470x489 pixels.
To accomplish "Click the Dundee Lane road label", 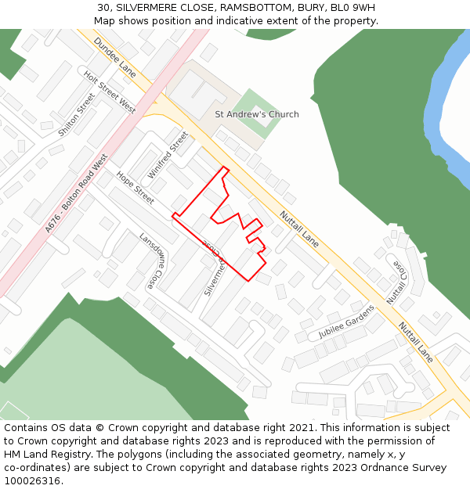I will pyautogui.click(x=114, y=56).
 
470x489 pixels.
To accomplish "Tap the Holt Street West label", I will pyautogui.click(x=110, y=92).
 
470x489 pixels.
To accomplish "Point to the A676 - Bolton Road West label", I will pyautogui.click(x=76, y=192).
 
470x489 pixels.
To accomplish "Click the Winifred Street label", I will pyautogui.click(x=168, y=154).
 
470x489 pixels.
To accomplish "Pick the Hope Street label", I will pyautogui.click(x=136, y=189).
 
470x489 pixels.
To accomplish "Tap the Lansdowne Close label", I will pyautogui.click(x=152, y=260).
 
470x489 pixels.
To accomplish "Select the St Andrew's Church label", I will pyautogui.click(x=257, y=114).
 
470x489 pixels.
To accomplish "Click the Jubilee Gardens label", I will pyautogui.click(x=346, y=322).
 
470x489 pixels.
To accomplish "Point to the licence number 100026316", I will pyautogui.click(x=32, y=481).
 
